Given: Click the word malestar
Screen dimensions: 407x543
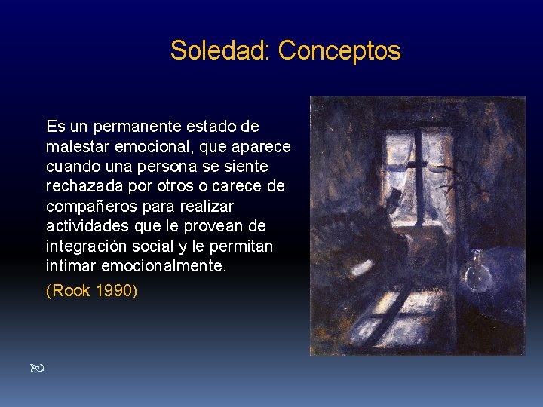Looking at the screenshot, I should [x=76, y=145].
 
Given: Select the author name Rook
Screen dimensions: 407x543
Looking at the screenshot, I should [x=70, y=290].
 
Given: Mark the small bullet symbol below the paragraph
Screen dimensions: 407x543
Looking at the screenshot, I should [x=40, y=369].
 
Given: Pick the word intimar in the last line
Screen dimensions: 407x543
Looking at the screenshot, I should [x=69, y=266].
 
